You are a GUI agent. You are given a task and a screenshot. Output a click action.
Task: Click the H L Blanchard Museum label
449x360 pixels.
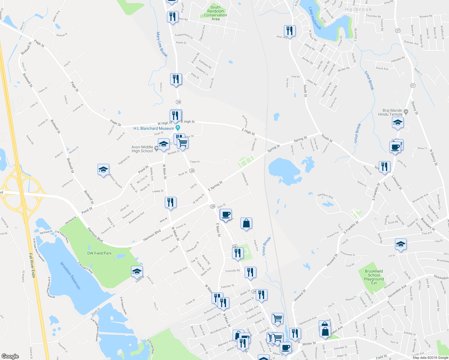154,128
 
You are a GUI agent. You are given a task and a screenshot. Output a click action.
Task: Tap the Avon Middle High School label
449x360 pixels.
142,149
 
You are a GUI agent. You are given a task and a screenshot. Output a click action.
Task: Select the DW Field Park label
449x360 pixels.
99,253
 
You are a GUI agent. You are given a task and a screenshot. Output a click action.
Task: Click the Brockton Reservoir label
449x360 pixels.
71,276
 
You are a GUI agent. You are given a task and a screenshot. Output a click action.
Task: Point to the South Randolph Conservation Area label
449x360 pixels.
215,13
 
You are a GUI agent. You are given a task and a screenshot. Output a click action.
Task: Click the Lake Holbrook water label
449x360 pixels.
315,19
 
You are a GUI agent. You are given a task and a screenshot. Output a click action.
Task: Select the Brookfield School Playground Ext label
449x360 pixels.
374,277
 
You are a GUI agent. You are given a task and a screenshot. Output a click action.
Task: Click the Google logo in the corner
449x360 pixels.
10,356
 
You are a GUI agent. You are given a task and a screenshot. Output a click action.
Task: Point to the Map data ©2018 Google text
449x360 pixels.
430,357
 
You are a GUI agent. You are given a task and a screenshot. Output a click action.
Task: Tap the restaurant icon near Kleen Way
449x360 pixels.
290,31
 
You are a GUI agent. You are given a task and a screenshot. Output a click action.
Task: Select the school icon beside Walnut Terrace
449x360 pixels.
103,169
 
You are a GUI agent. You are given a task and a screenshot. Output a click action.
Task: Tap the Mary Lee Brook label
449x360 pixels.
162,44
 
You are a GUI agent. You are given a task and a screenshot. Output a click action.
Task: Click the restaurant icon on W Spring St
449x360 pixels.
170,202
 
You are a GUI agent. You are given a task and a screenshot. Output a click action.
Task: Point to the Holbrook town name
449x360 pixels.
358,9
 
